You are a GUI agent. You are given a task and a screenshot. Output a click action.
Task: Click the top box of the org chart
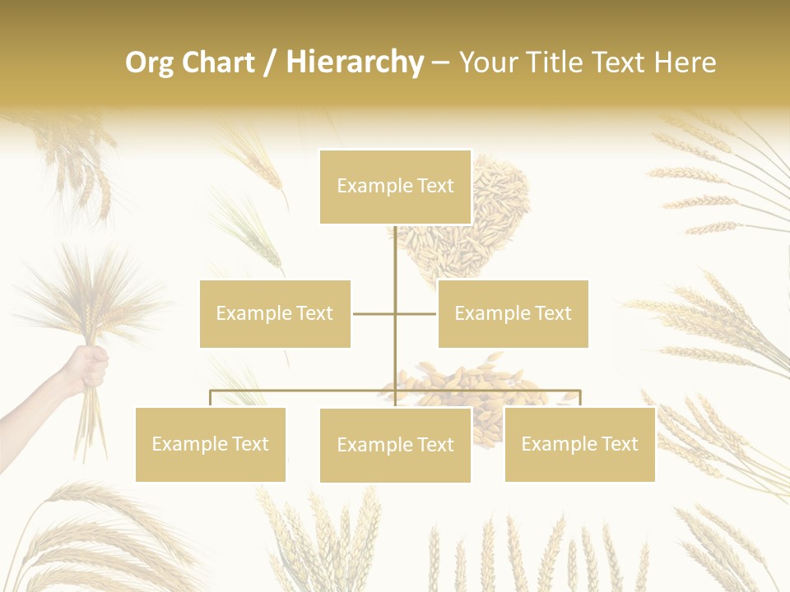pyautogui.click(x=395, y=187)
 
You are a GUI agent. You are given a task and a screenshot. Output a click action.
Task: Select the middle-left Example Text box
pyautogui.click(x=275, y=313)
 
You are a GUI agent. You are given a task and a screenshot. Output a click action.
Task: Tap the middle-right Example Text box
pyautogui.click(x=513, y=313)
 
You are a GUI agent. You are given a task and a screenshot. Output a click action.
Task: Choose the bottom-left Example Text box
pyautogui.click(x=210, y=444)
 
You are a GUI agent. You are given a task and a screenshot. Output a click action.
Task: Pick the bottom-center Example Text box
pyautogui.click(x=395, y=445)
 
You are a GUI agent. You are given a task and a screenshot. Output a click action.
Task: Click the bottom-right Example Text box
pyautogui.click(x=579, y=444)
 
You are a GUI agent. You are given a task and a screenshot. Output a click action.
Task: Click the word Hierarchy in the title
pyautogui.click(x=355, y=62)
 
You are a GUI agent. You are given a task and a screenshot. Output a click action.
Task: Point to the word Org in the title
pyautogui.click(x=149, y=62)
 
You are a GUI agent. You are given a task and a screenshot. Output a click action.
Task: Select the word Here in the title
pyautogui.click(x=685, y=62)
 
